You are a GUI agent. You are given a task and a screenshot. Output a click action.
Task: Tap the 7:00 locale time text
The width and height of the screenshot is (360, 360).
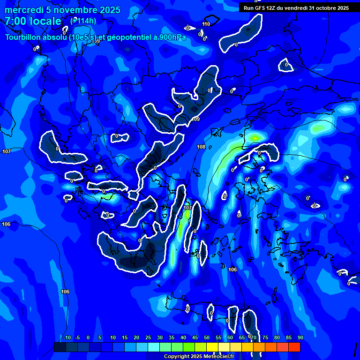click(33, 21)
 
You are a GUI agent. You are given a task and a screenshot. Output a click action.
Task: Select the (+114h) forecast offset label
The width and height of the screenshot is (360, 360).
click(83, 21)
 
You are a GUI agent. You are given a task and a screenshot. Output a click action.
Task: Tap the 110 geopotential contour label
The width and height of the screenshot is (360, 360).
click(206, 24)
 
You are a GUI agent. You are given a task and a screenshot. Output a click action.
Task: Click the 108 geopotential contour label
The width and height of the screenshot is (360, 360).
click(201, 147)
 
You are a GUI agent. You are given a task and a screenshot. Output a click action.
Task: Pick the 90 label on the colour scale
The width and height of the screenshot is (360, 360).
click(300, 338)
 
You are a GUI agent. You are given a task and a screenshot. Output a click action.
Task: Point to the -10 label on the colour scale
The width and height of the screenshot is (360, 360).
click(67, 338)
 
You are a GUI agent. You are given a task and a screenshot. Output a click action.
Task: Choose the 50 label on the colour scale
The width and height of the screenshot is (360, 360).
click(207, 338)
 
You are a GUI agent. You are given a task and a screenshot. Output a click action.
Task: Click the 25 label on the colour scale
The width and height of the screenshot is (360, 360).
click(148, 338)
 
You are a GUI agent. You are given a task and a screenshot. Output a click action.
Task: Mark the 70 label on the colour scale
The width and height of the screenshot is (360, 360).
click(254, 338)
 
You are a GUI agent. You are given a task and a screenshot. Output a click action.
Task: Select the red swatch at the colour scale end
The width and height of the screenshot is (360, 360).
click(294, 347)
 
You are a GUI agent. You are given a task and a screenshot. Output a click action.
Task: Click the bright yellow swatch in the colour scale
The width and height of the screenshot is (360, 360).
click(212, 347)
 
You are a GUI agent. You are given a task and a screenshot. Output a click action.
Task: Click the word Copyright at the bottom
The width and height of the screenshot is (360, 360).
click(176, 357)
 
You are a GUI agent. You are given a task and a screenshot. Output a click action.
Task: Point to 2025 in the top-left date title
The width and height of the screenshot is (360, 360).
click(110, 10)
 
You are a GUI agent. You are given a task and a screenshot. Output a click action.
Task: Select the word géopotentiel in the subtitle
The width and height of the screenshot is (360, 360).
click(127, 37)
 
